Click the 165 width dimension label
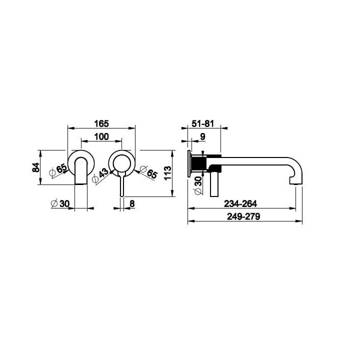(x=101, y=124)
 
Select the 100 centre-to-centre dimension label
(x=101, y=137)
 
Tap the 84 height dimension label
(x=35, y=167)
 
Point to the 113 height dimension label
(x=167, y=173)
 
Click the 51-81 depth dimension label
(x=202, y=124)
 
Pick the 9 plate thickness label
(x=202, y=137)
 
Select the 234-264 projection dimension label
(x=240, y=203)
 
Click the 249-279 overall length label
(x=243, y=216)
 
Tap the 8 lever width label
(x=132, y=203)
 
